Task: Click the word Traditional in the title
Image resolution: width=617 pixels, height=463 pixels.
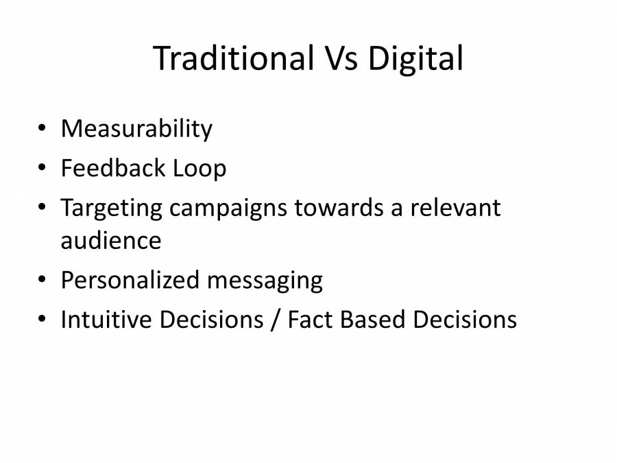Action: pyautogui.click(x=232, y=58)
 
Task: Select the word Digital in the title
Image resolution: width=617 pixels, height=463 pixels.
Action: pyautogui.click(x=415, y=60)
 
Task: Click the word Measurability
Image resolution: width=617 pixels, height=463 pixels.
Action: pyautogui.click(x=136, y=129)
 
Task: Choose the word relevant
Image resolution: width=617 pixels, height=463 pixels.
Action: pyautogui.click(x=456, y=208)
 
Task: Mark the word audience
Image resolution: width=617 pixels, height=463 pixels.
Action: pyautogui.click(x=111, y=241)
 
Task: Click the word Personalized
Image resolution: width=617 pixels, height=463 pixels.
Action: pyautogui.click(x=125, y=281)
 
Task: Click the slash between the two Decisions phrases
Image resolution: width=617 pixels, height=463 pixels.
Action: pyautogui.click(x=275, y=320)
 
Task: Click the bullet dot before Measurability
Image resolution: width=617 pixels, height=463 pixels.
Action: pyautogui.click(x=43, y=129)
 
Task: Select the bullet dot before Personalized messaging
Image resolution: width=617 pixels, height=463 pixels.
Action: pyautogui.click(x=43, y=281)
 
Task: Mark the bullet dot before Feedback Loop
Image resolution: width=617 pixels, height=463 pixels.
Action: pyautogui.click(x=43, y=168)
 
